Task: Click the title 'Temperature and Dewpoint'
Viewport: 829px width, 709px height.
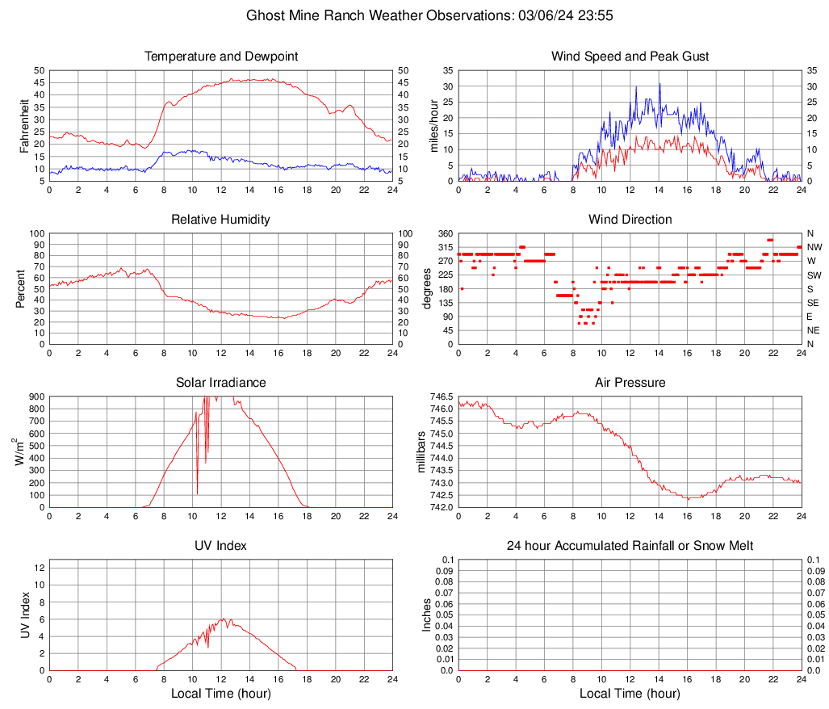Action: coord(221,57)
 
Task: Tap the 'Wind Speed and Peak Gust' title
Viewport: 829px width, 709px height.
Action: coord(630,57)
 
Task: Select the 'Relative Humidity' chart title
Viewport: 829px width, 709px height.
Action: coord(221,220)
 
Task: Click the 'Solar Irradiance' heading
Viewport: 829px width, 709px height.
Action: coord(221,383)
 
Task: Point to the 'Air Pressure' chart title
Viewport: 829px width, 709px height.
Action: coord(630,383)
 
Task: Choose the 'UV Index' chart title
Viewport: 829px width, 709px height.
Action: coord(221,546)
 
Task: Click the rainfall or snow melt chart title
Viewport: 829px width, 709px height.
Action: coord(630,546)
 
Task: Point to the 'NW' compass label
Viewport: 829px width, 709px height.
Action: coord(814,247)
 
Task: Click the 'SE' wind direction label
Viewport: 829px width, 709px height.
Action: coord(813,303)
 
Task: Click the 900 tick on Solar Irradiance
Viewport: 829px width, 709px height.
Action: coord(36,396)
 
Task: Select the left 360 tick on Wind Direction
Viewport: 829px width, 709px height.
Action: coord(446,233)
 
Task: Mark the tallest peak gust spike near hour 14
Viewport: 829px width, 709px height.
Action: coord(659,83)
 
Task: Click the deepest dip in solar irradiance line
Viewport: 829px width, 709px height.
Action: coord(198,493)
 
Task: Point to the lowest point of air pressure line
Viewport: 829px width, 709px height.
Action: coord(688,499)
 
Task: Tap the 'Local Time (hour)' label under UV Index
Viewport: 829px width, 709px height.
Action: coord(221,694)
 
